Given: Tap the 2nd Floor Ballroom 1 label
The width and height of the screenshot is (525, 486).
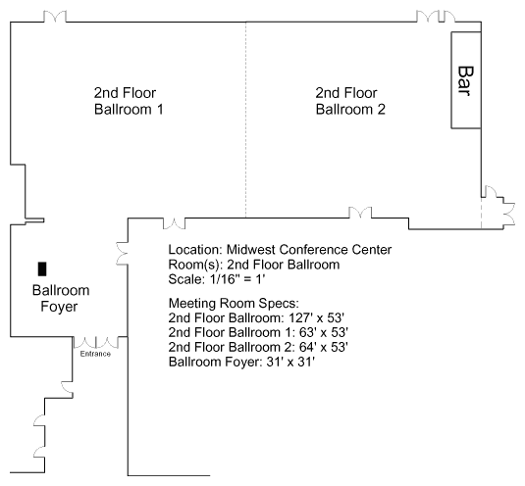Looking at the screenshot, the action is point(129,101).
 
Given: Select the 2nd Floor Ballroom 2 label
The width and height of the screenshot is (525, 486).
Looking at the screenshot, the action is point(350,101).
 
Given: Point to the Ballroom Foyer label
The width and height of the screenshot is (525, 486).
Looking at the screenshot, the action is point(61,299).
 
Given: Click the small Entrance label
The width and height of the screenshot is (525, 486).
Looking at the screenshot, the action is point(95,354).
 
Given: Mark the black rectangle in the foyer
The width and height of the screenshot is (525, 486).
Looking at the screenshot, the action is point(42,269).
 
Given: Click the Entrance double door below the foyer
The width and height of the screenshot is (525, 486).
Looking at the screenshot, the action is point(96,343).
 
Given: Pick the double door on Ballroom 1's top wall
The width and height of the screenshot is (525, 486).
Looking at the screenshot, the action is point(55,16).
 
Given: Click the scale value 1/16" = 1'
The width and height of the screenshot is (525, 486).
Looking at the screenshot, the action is point(237,279).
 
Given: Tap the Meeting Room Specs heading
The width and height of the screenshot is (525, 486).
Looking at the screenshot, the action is point(234,304).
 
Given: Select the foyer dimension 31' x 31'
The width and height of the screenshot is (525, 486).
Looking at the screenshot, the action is point(290,362).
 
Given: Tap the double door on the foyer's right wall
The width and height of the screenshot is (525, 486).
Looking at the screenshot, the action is point(122,254).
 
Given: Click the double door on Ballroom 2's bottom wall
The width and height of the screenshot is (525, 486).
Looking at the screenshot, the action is point(360,213).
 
